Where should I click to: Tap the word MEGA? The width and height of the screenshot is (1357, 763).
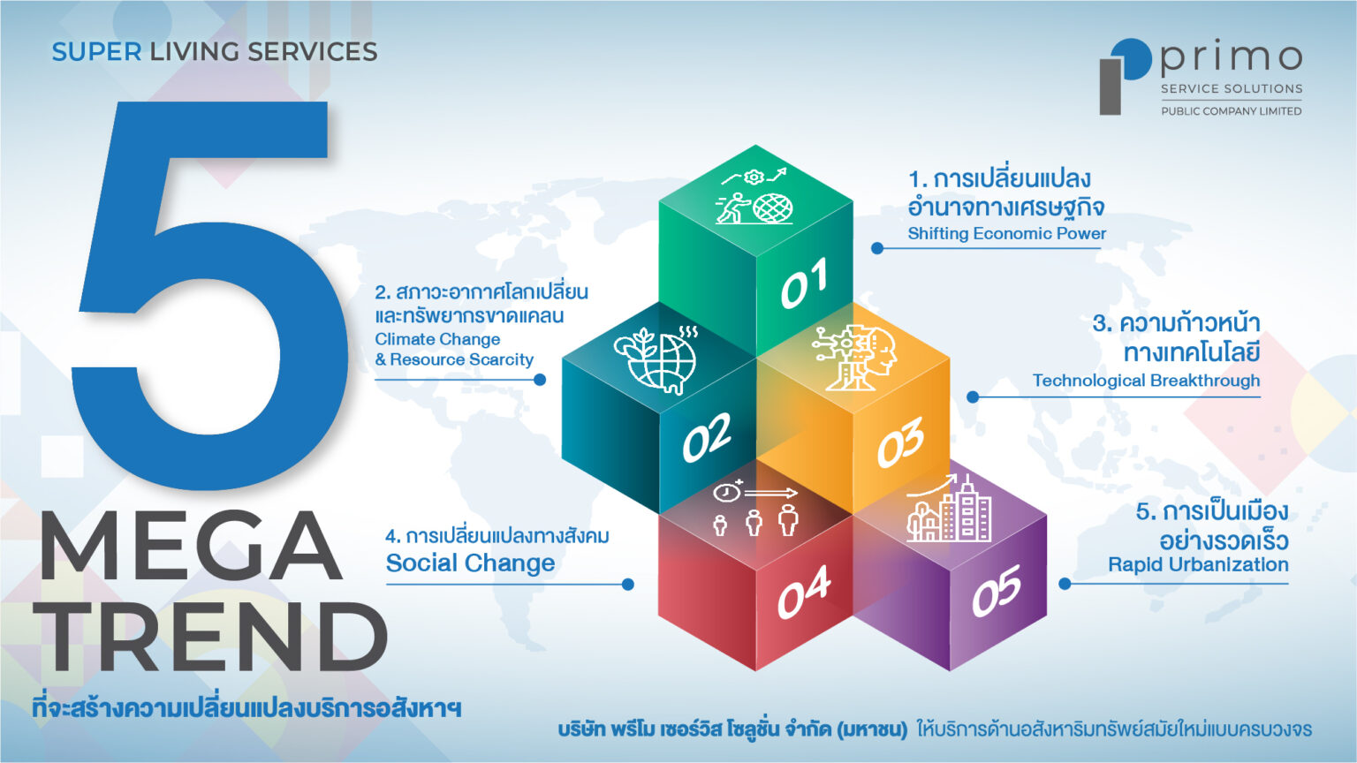[x=189, y=546]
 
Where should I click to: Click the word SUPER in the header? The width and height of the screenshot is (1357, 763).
[x=96, y=52]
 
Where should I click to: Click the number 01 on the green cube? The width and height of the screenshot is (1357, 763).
[x=804, y=283]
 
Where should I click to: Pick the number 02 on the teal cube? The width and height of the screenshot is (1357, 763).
[x=707, y=436]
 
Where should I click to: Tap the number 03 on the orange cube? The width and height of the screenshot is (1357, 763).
[x=900, y=442]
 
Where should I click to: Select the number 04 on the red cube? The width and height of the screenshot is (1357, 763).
[x=803, y=593]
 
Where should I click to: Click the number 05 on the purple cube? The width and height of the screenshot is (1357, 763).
[x=997, y=592]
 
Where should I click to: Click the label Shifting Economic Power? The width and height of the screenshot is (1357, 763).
[x=1006, y=234]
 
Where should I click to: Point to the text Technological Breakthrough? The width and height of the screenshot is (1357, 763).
[x=1146, y=381]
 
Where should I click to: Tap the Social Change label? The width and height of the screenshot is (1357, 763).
[x=470, y=563]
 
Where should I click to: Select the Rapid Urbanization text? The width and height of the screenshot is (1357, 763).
[x=1198, y=565]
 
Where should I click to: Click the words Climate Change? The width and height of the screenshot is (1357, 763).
[x=437, y=339]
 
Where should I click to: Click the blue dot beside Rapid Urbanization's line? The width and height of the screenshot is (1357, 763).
[x=1065, y=584]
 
